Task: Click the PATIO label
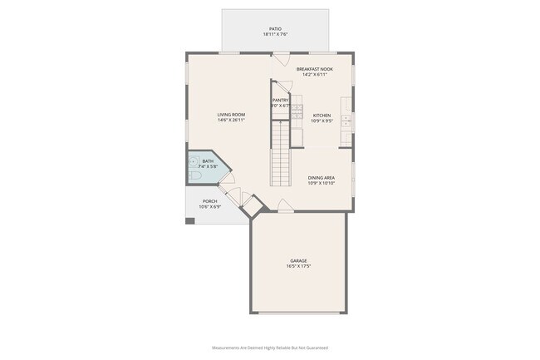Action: tap(274, 29)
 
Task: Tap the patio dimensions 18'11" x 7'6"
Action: tap(274, 35)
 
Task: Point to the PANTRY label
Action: tap(281, 101)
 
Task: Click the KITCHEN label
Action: tap(322, 116)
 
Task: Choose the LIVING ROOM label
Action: tap(231, 115)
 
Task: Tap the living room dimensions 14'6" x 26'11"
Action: tap(231, 121)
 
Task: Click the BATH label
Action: tap(208, 161)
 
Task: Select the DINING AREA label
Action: tap(322, 177)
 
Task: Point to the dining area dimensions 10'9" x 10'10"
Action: tap(322, 183)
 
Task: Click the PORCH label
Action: tap(211, 201)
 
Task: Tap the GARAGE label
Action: tap(298, 260)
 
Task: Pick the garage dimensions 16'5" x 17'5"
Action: tap(298, 266)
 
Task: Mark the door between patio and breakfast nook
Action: tap(282, 58)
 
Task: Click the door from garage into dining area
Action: tap(284, 206)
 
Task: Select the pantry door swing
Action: tap(282, 86)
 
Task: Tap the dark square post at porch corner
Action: tap(190, 220)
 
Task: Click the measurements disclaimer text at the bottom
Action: tap(270, 348)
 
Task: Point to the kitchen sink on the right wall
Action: tap(347, 125)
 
